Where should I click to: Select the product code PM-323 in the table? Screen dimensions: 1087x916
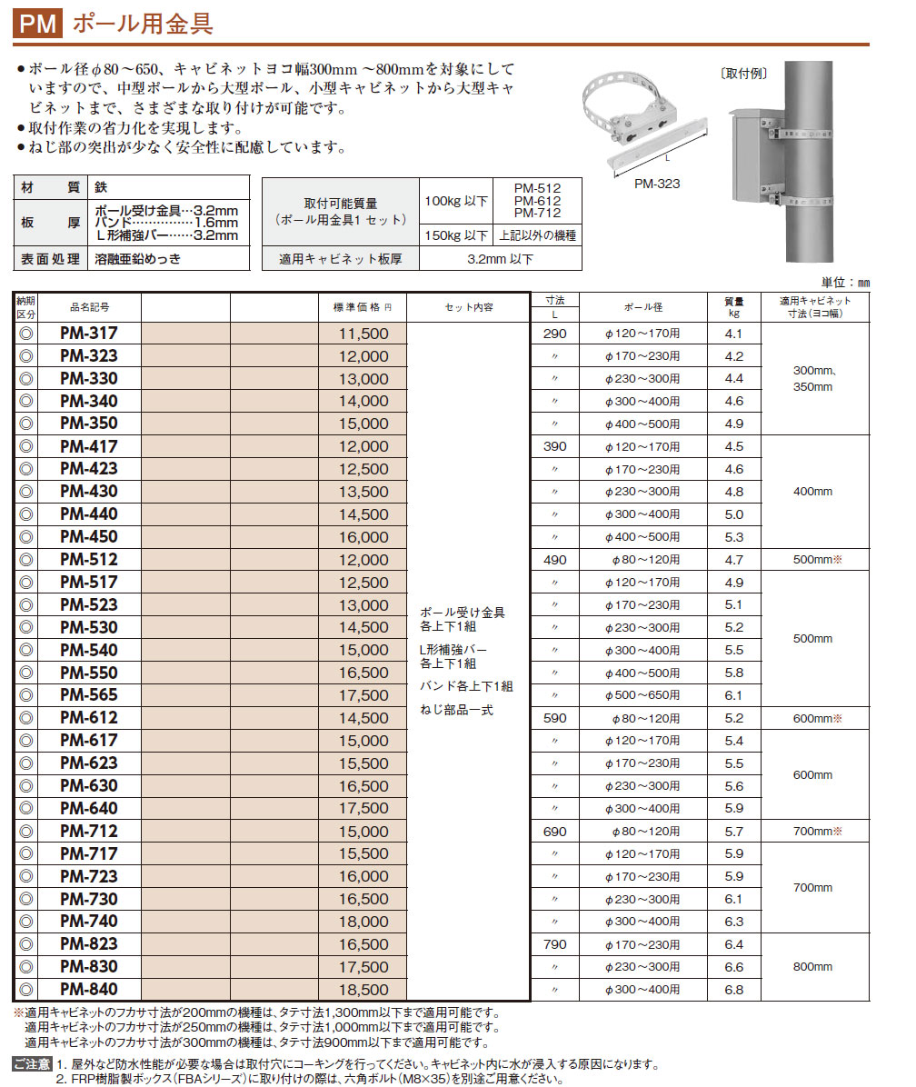click(x=88, y=356)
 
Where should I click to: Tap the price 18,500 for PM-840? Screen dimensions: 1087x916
click(x=363, y=990)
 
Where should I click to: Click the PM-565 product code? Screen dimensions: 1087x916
click(x=88, y=695)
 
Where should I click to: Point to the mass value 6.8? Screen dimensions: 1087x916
click(x=734, y=990)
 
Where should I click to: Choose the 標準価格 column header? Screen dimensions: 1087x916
click(x=363, y=307)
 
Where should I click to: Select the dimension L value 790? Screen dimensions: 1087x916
click(x=554, y=945)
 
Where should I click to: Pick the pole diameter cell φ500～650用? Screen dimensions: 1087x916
click(x=642, y=695)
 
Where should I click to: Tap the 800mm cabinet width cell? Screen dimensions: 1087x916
click(x=812, y=967)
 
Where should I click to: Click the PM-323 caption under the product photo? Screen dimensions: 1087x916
click(x=657, y=183)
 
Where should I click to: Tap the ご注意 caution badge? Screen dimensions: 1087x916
click(x=32, y=1063)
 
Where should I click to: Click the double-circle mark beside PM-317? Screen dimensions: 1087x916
click(x=25, y=334)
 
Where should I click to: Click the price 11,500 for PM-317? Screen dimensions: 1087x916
click(x=363, y=334)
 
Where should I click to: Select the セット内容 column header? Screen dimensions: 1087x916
click(x=469, y=307)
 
